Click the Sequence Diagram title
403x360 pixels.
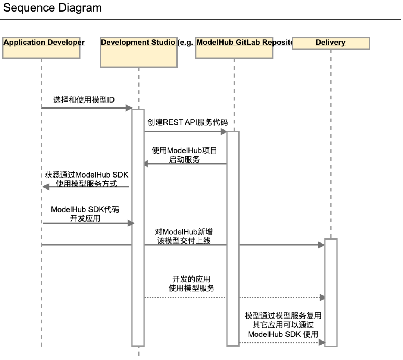(x=53, y=8)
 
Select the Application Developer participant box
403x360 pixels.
(x=41, y=48)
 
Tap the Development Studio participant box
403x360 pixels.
(x=139, y=52)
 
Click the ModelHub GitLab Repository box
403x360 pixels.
(x=234, y=48)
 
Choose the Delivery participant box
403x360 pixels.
(x=331, y=43)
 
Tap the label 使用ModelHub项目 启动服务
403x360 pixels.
(x=184, y=155)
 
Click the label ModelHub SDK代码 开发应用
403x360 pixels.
(x=85, y=214)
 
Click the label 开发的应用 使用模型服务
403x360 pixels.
(x=191, y=284)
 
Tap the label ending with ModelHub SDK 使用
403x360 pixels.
(x=283, y=325)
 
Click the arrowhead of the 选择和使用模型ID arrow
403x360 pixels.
(x=129, y=108)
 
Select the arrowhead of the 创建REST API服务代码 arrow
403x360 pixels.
(x=224, y=132)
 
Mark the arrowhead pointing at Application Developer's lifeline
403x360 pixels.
(x=45, y=187)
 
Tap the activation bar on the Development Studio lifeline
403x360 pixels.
(x=138, y=228)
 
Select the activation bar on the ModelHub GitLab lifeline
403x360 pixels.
(x=232, y=239)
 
